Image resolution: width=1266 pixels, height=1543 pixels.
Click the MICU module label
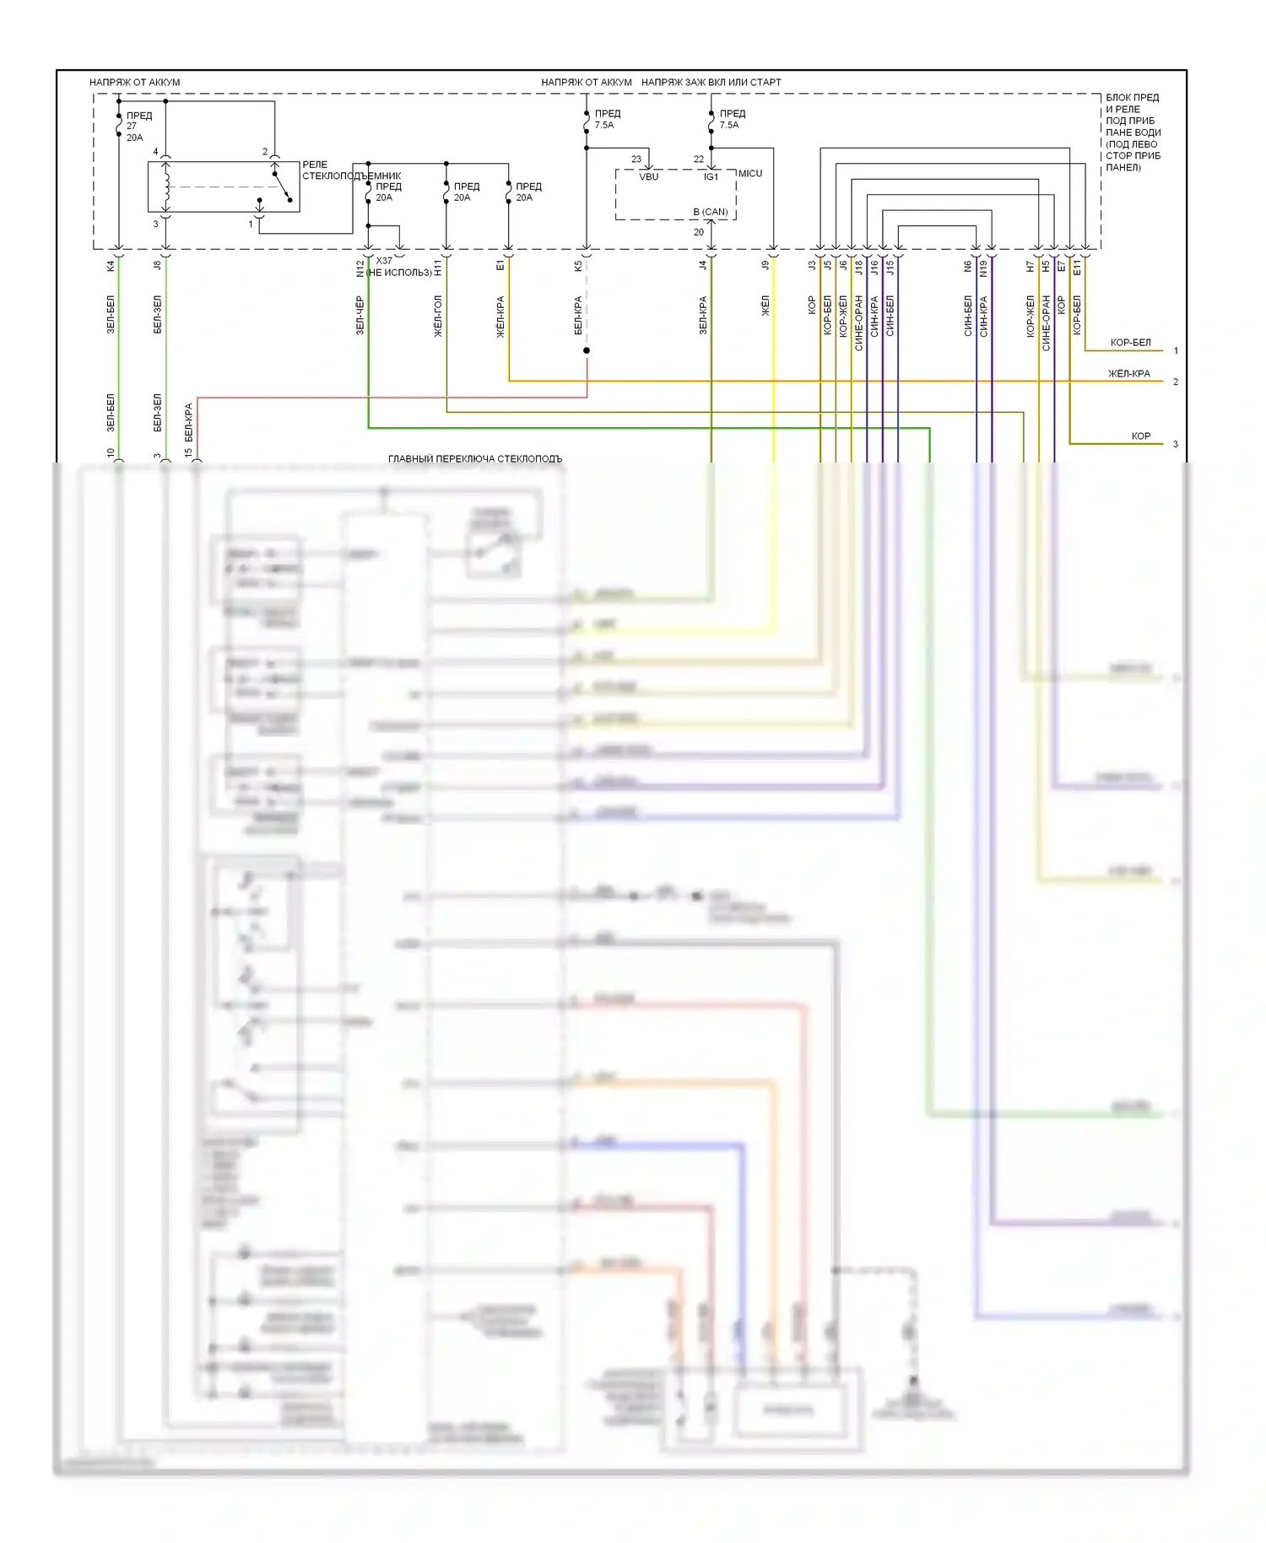(750, 173)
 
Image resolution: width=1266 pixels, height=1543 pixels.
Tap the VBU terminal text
(648, 176)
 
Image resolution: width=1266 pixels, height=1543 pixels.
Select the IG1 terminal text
(711, 176)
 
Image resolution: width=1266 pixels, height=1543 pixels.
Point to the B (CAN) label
(711, 212)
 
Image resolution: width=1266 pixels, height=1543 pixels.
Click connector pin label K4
(111, 266)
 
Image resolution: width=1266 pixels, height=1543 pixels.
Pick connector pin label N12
(360, 268)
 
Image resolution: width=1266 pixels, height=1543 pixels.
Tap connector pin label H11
(438, 267)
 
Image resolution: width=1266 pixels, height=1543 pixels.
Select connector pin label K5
(578, 266)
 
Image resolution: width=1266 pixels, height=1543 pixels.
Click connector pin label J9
(766, 265)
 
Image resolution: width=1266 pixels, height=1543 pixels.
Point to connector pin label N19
(983, 268)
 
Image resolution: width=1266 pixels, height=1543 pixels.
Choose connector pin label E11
(1077, 267)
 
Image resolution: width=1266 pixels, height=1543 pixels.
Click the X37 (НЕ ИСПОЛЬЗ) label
(399, 267)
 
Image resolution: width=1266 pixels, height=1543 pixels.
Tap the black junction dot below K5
(587, 350)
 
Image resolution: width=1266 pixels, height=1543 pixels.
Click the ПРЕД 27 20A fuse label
(138, 127)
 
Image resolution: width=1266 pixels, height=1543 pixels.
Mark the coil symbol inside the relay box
(166, 187)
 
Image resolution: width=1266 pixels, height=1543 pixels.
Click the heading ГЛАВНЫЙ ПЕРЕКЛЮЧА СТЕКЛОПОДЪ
(475, 458)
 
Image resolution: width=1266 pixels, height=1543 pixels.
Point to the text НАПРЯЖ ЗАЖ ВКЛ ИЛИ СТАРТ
(711, 82)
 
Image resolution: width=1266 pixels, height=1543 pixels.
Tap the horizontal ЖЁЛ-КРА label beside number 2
(1128, 373)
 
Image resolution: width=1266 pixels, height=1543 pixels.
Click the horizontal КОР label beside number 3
(1140, 436)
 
